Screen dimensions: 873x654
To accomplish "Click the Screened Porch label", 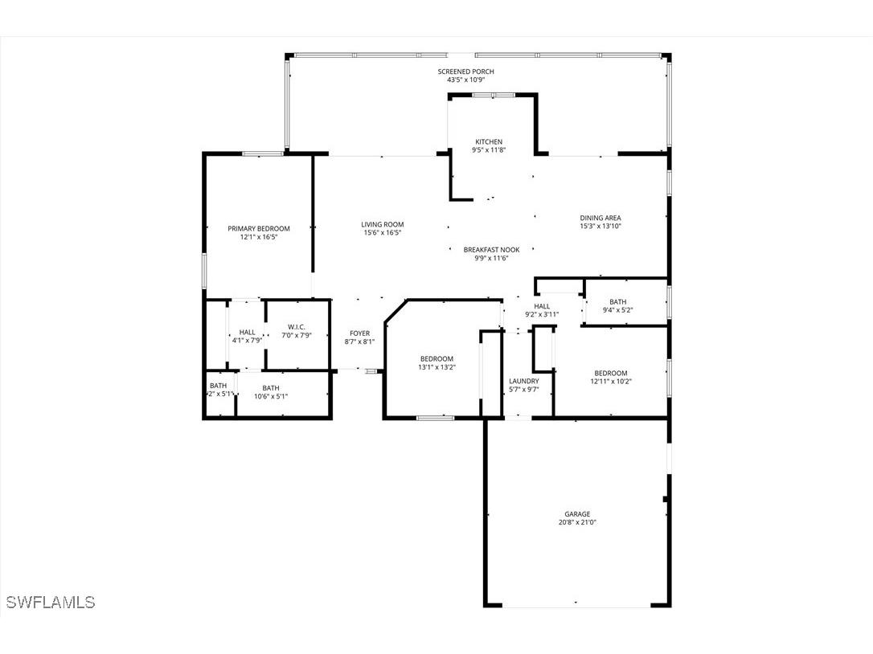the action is tap(465, 72).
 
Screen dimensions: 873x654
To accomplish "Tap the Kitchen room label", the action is tap(489, 142).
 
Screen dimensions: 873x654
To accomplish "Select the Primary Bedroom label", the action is tap(259, 228).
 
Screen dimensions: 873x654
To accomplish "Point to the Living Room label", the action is tap(383, 224).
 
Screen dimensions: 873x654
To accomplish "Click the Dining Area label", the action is tap(600, 219).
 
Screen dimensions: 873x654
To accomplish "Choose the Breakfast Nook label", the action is tap(492, 250).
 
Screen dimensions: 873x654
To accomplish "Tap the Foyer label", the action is tap(359, 333).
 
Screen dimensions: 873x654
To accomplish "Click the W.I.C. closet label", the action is tap(296, 327).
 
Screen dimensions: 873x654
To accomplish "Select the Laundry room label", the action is tap(524, 382).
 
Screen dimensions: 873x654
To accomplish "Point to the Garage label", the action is tap(577, 514).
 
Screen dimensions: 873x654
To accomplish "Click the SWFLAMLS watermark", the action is tap(51, 602).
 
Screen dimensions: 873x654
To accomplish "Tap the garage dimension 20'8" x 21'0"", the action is tap(577, 523).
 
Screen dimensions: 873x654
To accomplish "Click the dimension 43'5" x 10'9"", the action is tap(466, 80).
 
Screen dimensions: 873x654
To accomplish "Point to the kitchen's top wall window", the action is tap(494, 95).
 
